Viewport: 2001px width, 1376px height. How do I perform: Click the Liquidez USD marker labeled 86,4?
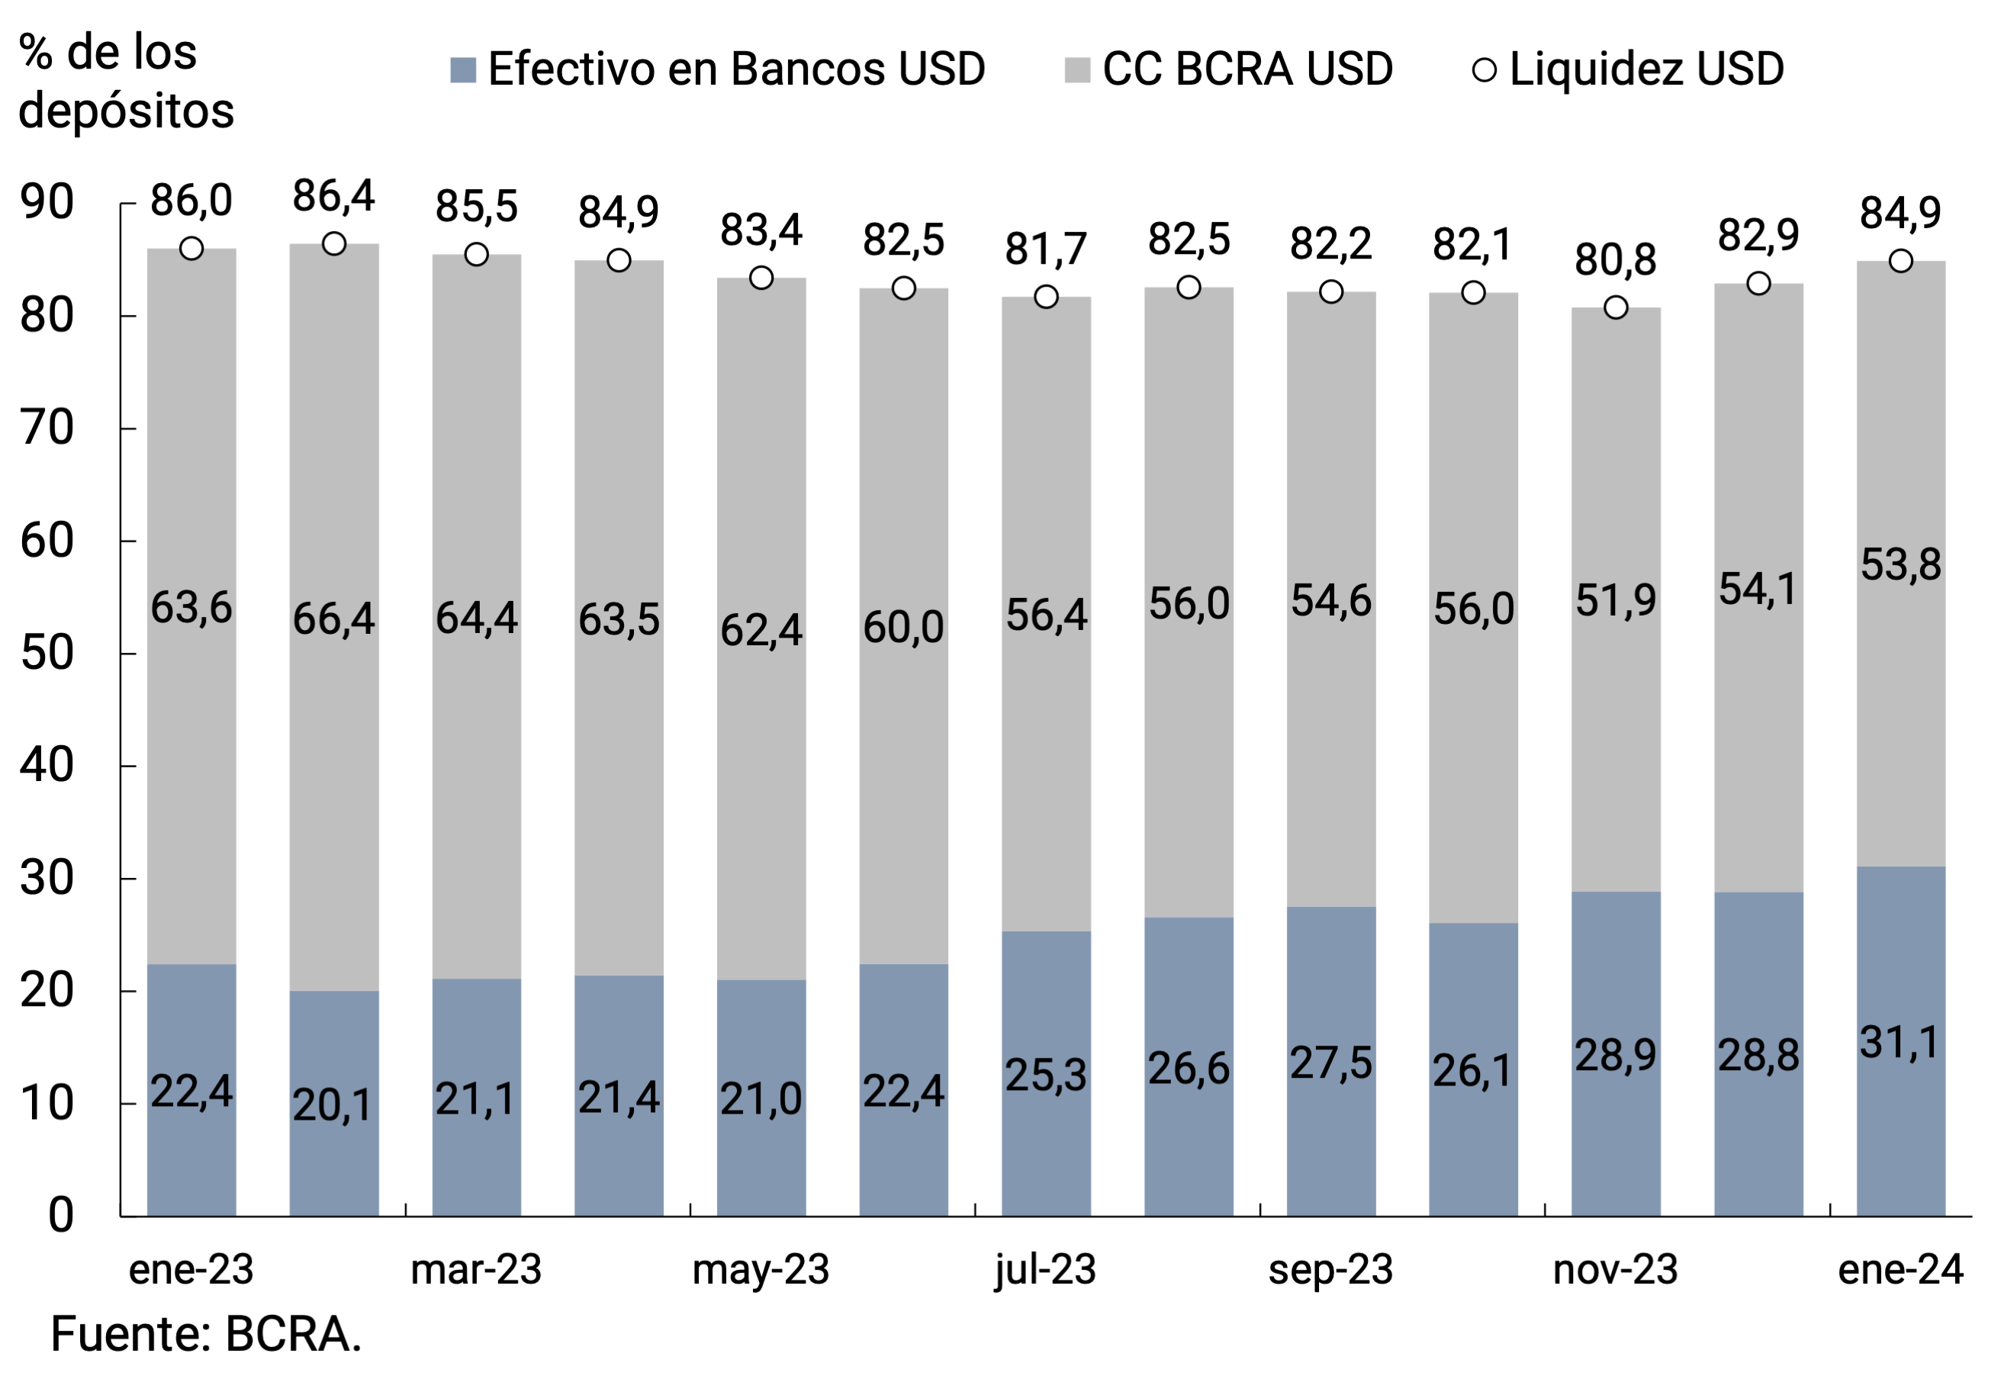(x=333, y=244)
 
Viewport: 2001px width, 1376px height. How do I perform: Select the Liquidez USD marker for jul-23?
(x=1046, y=297)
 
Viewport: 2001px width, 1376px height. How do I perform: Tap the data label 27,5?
(x=1330, y=1063)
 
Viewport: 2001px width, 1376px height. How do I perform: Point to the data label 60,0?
(x=902, y=627)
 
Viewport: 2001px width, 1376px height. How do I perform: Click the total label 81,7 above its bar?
(x=1045, y=250)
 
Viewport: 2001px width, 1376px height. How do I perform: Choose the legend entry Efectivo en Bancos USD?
(x=717, y=69)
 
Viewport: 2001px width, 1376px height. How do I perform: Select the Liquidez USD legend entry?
(x=1628, y=69)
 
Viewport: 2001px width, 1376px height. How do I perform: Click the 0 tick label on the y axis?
(x=60, y=1217)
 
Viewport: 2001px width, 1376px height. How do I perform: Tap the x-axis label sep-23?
(x=1330, y=1270)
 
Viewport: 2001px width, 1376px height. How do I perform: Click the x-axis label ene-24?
(x=1900, y=1270)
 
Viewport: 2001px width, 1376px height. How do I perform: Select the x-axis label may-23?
(x=761, y=1270)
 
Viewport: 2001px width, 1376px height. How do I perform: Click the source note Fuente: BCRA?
(x=206, y=1335)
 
